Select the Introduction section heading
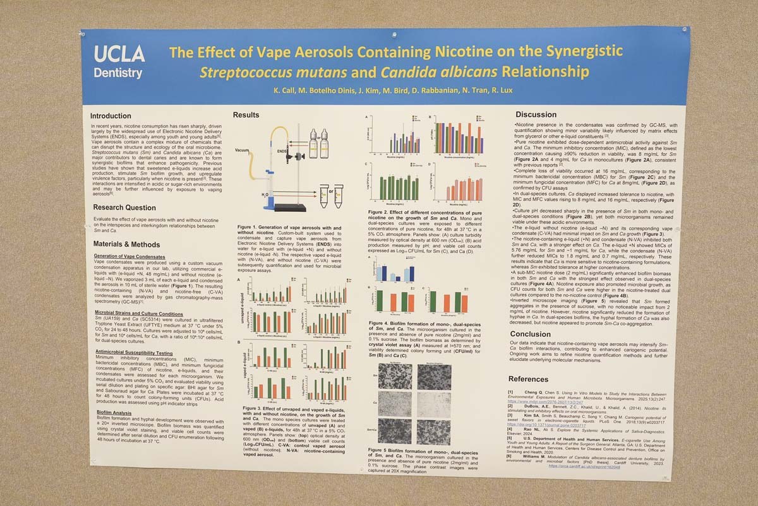pos(111,116)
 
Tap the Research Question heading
pos(124,208)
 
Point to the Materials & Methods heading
pos(126,244)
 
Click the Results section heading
pos(246,115)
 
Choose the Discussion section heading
pos(536,115)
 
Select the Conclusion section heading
pos(531,334)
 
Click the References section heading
pos(528,379)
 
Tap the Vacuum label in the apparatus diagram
pos(243,150)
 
